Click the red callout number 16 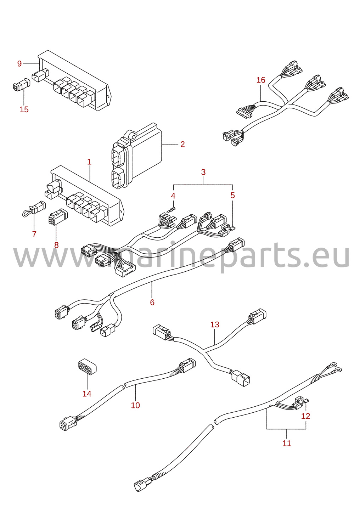click(261, 80)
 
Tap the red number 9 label click(19, 63)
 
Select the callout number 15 click(24, 109)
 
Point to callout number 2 click(182, 144)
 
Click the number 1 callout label click(89, 162)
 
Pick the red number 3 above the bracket click(203, 172)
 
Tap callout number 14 click(87, 394)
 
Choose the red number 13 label click(215, 324)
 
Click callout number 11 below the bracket click(287, 443)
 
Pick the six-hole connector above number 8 click(58, 216)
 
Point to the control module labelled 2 click(137, 156)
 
